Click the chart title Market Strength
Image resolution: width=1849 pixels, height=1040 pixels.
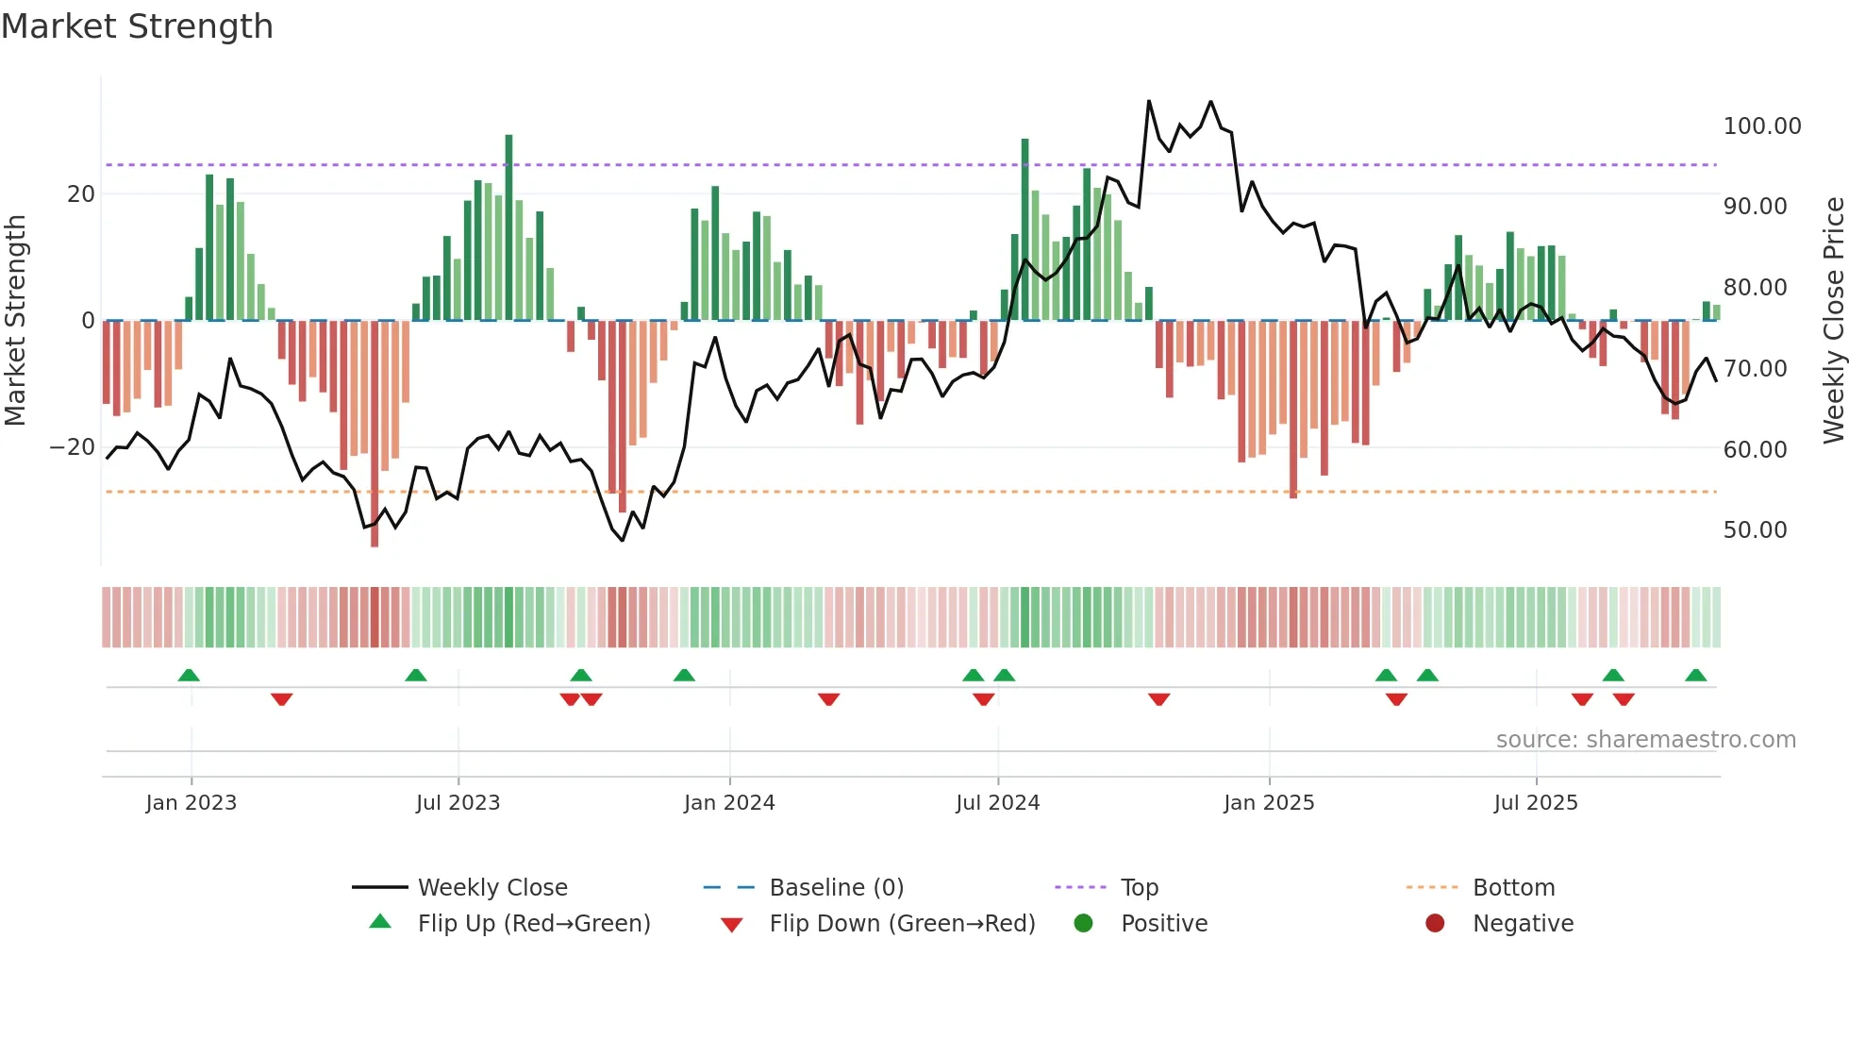[x=137, y=26]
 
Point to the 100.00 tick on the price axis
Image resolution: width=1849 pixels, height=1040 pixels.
[x=1761, y=126]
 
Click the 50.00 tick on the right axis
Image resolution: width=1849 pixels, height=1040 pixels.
[x=1755, y=530]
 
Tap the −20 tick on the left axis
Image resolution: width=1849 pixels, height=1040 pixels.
[x=73, y=447]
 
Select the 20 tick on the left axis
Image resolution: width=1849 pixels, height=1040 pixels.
[x=81, y=194]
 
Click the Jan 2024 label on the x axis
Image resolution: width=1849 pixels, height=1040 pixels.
[x=728, y=803]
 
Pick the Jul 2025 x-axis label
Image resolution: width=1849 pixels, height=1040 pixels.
[x=1535, y=803]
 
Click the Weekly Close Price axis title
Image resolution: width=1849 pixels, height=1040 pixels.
[x=1833, y=321]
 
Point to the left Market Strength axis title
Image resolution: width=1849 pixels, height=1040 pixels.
[x=15, y=321]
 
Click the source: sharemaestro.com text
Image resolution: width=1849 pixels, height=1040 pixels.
[x=1645, y=740]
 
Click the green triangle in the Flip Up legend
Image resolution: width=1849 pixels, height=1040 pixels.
[x=380, y=922]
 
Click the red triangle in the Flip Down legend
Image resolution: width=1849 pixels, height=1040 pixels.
[x=731, y=925]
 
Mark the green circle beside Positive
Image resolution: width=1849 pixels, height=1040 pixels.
[x=1083, y=924]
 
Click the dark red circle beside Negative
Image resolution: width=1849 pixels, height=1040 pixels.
[x=1435, y=924]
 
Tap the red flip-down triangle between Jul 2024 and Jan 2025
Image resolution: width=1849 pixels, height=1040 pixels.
[x=1158, y=698]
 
